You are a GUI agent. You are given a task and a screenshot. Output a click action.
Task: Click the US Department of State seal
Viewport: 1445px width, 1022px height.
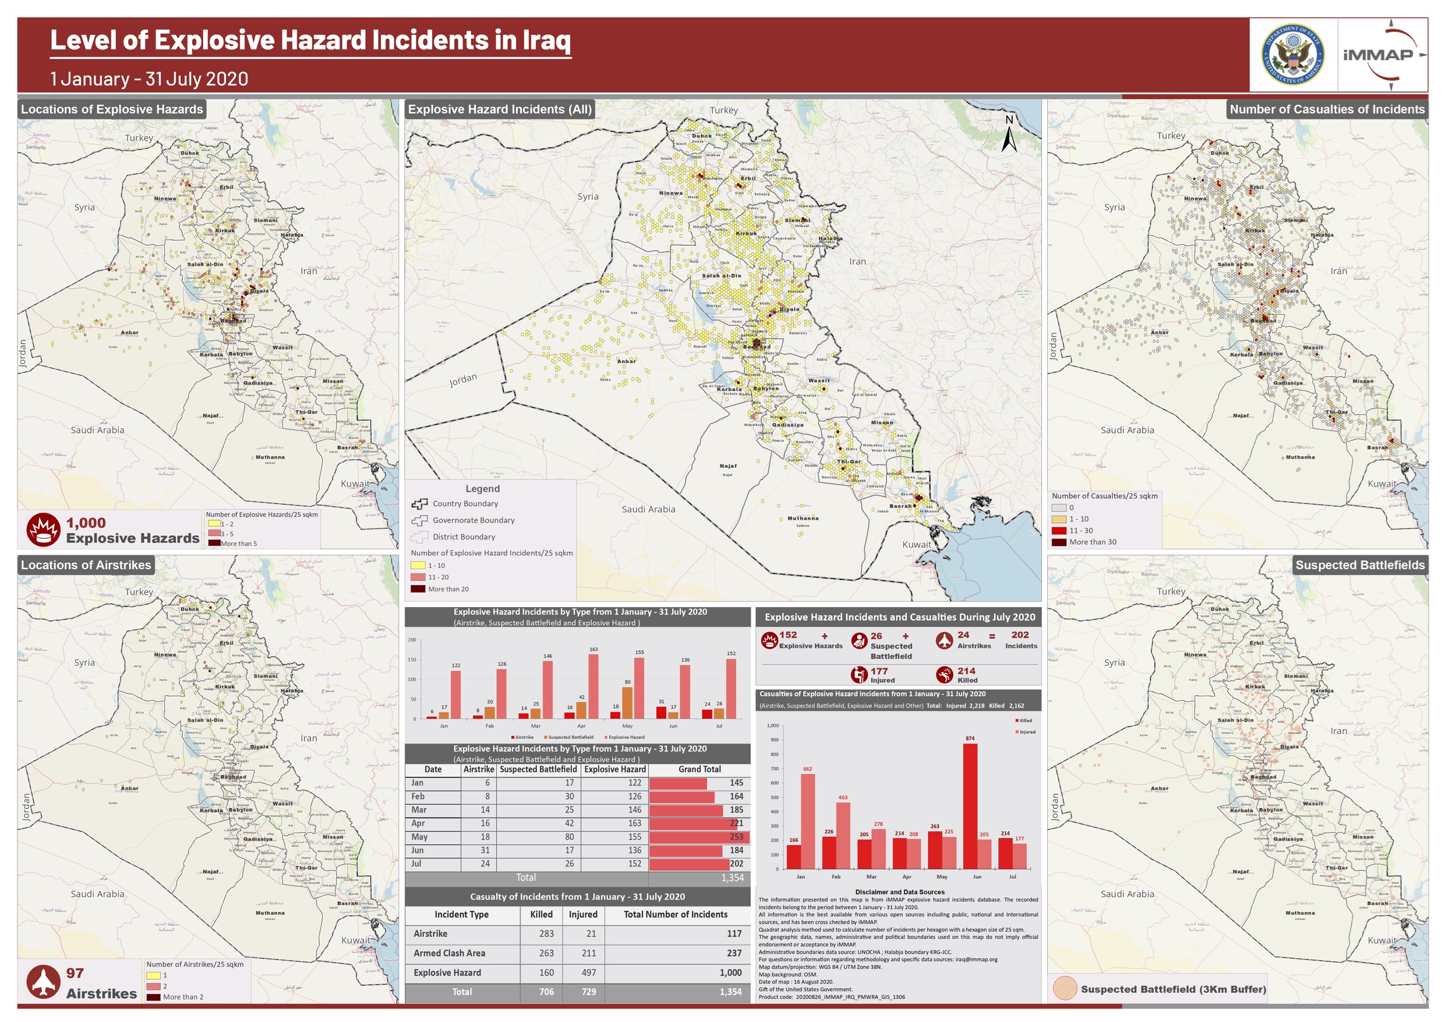click(1293, 55)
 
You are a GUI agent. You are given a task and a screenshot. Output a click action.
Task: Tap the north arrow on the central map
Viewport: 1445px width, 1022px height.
click(1009, 134)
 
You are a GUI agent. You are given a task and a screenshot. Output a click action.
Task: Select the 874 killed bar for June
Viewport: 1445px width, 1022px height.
click(970, 806)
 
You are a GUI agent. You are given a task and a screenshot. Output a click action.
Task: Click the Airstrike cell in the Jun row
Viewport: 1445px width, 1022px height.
click(485, 850)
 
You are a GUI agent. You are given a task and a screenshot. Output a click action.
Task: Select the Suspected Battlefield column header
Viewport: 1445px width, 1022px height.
click(538, 769)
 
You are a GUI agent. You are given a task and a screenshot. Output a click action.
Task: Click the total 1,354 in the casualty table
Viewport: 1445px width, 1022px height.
click(730, 992)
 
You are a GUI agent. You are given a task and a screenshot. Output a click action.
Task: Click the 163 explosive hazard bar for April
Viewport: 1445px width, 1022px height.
click(593, 686)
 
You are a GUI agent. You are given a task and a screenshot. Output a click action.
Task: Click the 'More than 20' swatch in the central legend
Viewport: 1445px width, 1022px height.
click(418, 588)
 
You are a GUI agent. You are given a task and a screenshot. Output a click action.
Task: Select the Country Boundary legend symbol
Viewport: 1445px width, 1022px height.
click(419, 504)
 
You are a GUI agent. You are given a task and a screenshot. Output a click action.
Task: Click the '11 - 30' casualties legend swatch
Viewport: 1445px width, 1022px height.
click(1059, 530)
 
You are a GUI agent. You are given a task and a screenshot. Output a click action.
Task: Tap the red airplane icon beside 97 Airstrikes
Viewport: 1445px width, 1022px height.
click(43, 982)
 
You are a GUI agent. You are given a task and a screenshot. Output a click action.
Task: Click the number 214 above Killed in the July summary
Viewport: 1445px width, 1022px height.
click(966, 671)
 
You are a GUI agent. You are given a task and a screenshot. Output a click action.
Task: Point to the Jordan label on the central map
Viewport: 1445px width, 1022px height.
click(463, 380)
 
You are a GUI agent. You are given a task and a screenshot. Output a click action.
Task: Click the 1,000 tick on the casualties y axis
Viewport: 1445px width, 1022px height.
click(772, 725)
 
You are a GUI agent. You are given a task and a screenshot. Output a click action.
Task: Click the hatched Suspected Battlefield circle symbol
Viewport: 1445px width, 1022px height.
click(1064, 989)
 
